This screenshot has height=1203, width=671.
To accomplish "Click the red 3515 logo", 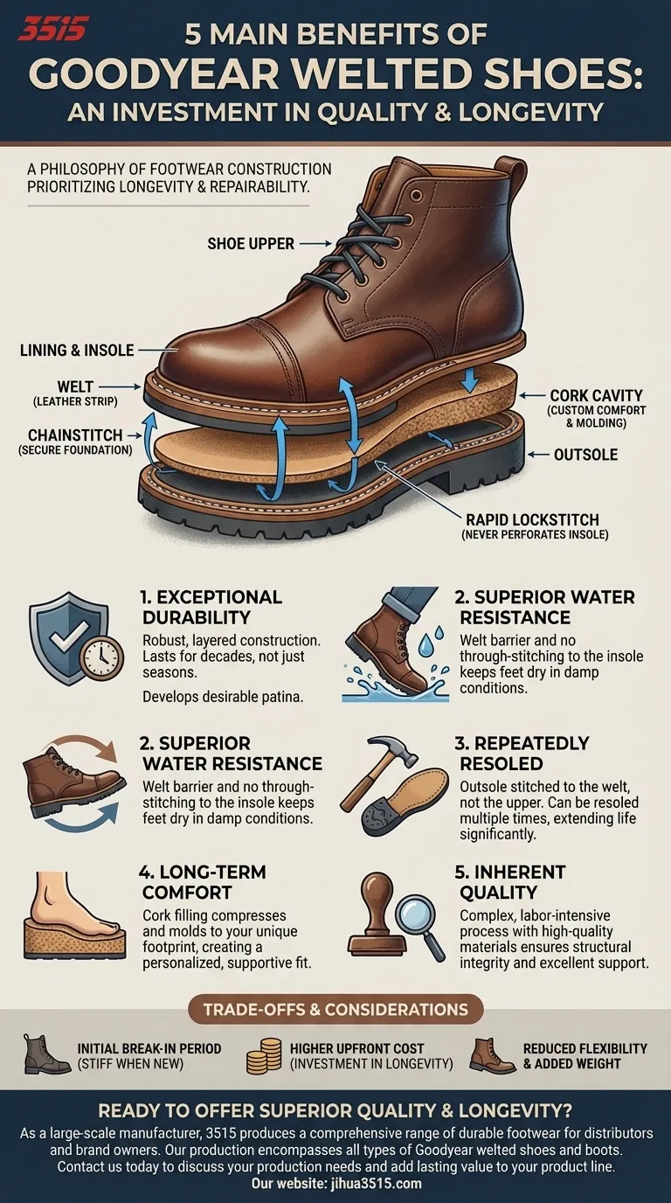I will [x=52, y=30].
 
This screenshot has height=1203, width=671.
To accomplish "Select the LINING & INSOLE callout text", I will [x=77, y=351].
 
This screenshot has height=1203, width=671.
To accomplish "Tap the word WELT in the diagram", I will [x=76, y=386].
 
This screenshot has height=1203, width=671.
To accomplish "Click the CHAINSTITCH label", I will [x=74, y=435].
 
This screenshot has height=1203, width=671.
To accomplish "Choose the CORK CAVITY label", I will [x=596, y=396].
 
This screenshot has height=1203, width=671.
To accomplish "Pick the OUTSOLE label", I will [x=585, y=455].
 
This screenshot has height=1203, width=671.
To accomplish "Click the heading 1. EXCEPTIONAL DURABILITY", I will [x=211, y=608].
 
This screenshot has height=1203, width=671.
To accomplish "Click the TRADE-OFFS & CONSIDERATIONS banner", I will [x=336, y=1009].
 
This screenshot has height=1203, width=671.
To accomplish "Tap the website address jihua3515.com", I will [x=376, y=1184].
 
